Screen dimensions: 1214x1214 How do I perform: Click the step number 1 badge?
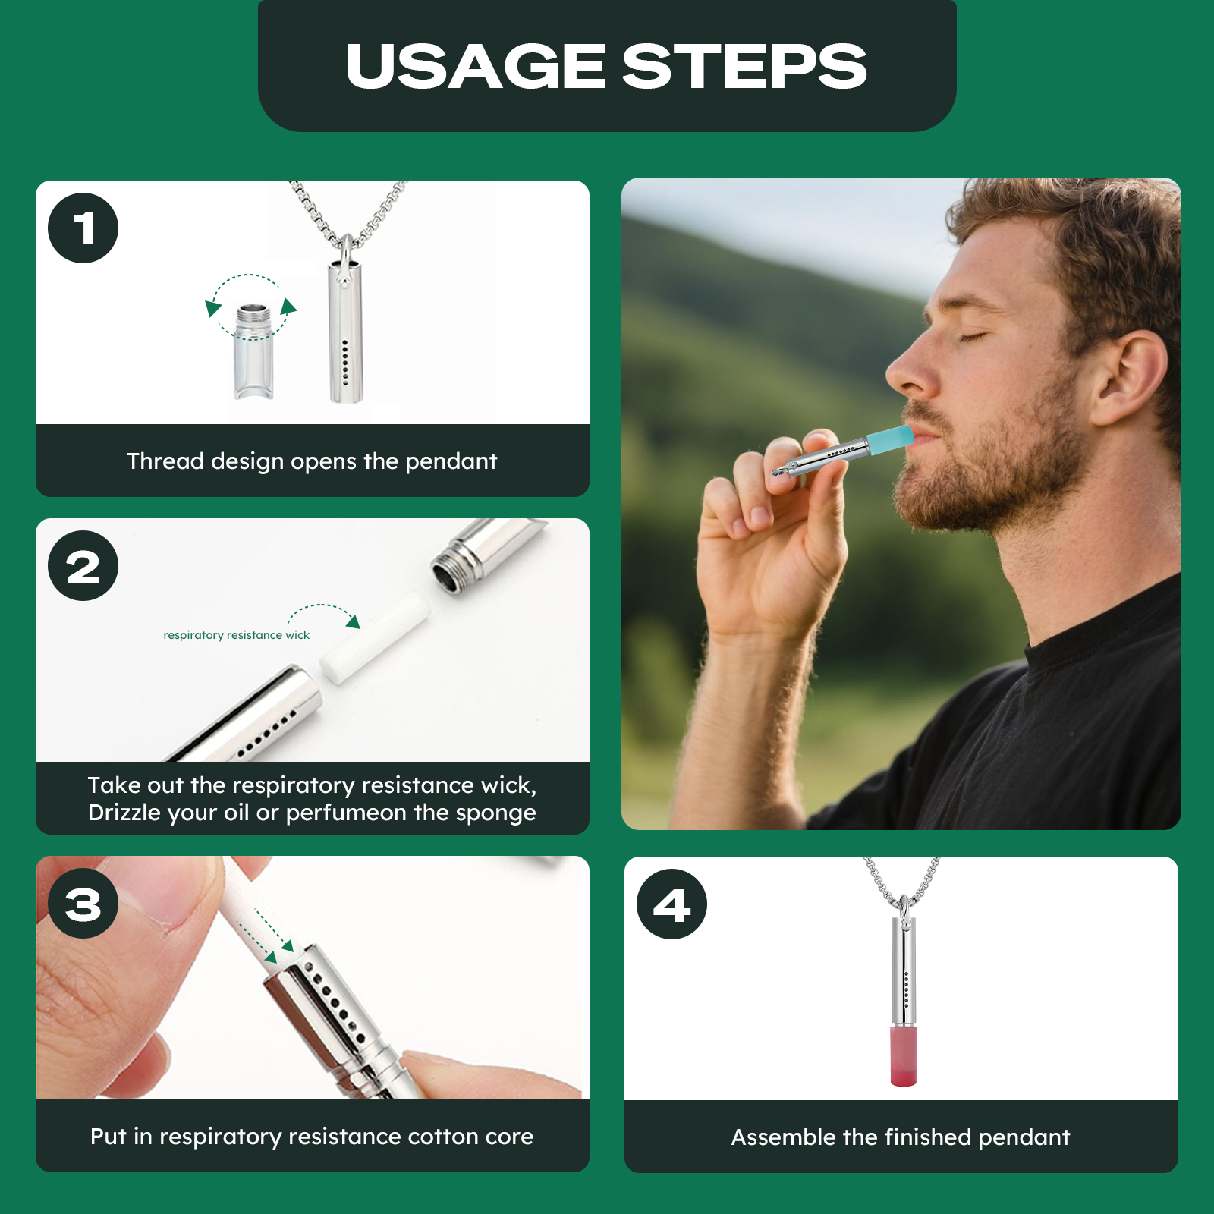click(83, 228)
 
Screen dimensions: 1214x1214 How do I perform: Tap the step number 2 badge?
click(83, 566)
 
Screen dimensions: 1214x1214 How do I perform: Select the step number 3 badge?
click(83, 904)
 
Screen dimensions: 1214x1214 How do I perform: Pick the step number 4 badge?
click(671, 904)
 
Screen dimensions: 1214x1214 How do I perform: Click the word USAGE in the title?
click(476, 66)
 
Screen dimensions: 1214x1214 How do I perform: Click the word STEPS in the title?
click(744, 66)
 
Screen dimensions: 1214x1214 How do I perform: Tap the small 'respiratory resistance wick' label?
click(237, 635)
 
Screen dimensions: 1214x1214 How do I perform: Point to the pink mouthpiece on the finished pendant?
click(903, 1055)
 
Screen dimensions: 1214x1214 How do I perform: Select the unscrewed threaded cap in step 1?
click(253, 351)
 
